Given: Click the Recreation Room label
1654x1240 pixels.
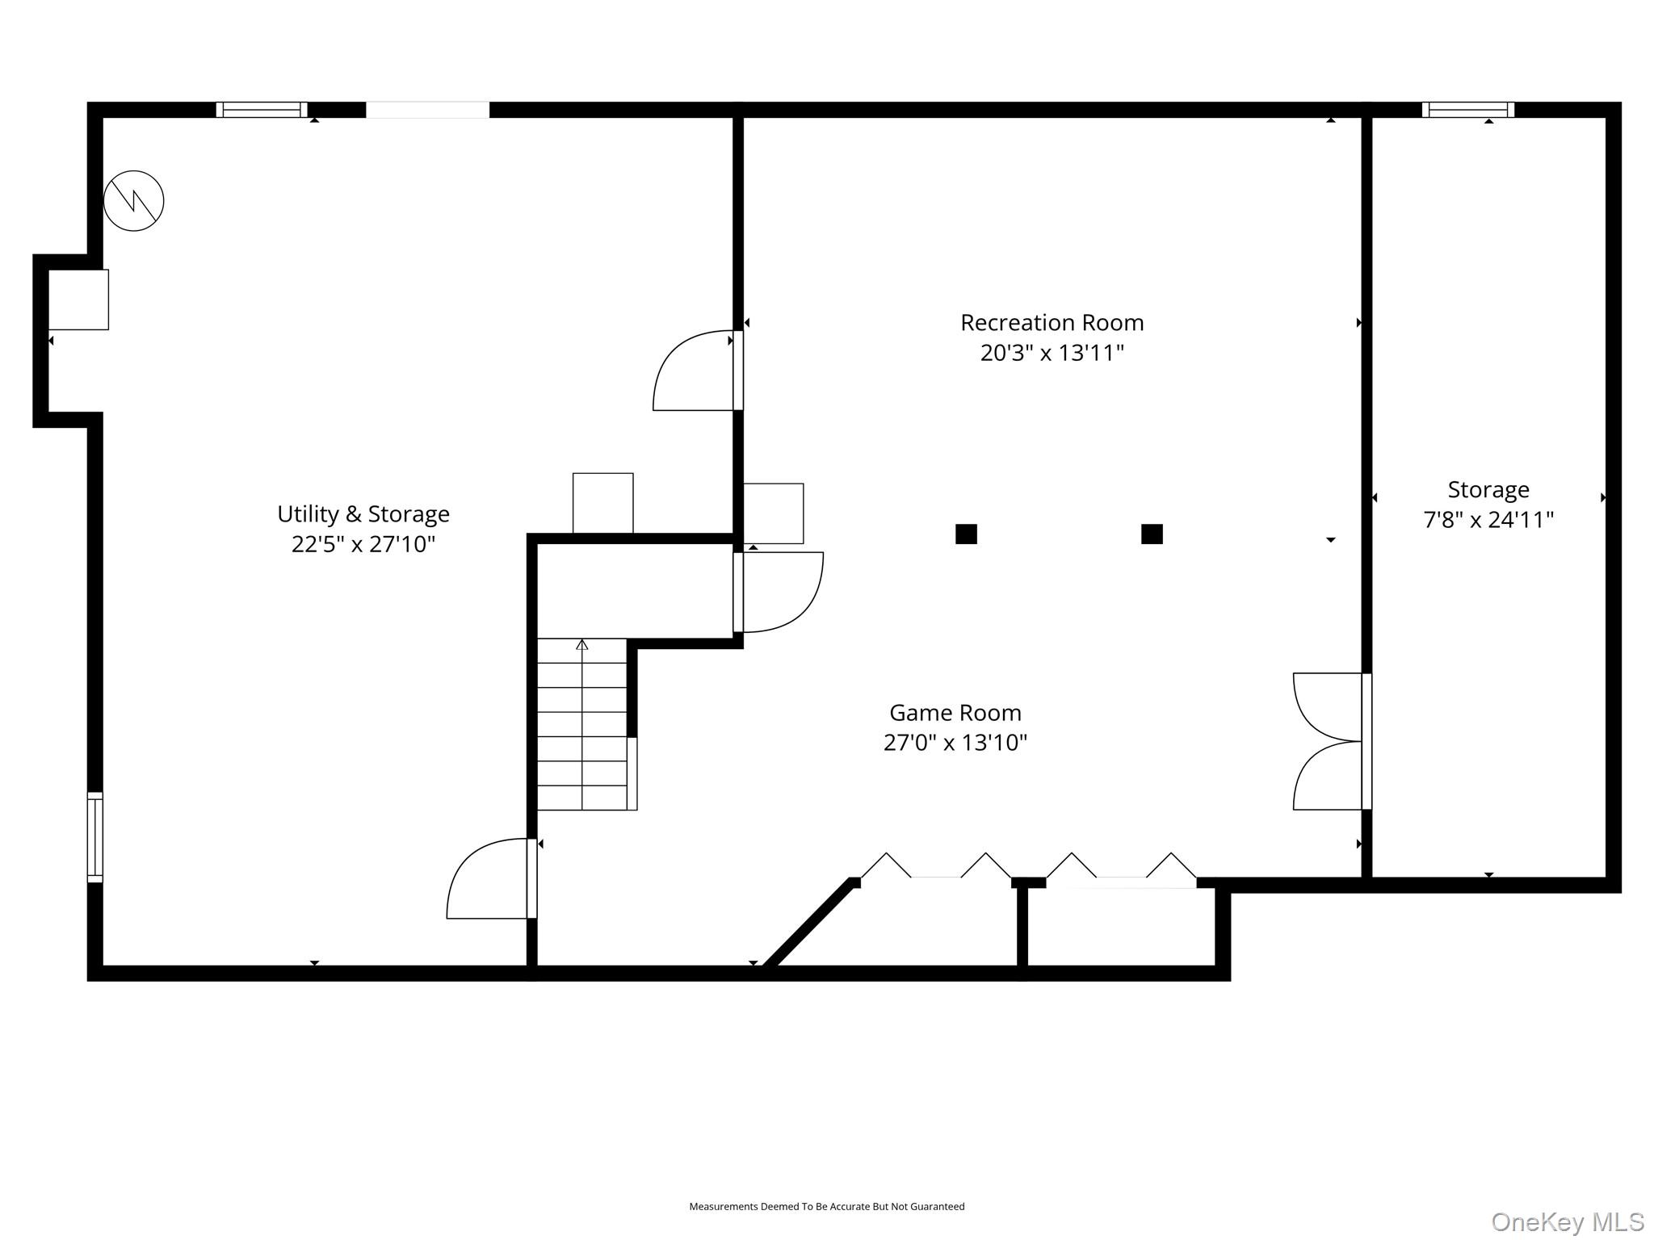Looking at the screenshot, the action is coord(1052,323).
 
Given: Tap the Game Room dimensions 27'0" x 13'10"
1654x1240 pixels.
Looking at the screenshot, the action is coord(955,743).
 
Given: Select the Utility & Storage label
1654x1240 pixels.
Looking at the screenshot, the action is coord(363,514).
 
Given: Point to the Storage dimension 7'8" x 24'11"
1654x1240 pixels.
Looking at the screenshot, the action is coord(1488,520).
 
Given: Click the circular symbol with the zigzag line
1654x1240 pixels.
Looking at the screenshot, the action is coord(134,200).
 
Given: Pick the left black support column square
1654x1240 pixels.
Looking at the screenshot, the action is coord(966,534).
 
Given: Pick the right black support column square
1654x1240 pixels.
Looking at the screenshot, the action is coord(1152,534).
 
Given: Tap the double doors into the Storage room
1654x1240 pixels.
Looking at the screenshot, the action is coord(1332,741).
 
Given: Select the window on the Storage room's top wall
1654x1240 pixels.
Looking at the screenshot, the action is coord(1467,110).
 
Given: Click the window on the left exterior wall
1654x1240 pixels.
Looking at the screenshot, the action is coord(95,837).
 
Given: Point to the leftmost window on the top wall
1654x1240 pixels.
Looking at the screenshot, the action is coord(262,110).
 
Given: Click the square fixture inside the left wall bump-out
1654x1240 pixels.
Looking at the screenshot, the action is coord(78,300).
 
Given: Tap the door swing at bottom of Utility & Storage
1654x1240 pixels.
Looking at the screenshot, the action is coord(491,878).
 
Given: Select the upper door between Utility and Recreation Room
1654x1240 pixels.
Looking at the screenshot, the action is coord(696,371).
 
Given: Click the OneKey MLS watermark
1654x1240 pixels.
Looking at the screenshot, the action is coord(1568,1221).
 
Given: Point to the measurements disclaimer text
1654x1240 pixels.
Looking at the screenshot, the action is coord(826,1206).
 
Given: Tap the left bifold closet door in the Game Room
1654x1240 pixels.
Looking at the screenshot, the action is coord(936,865).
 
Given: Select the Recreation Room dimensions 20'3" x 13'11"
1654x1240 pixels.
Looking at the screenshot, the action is coord(1052,354).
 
